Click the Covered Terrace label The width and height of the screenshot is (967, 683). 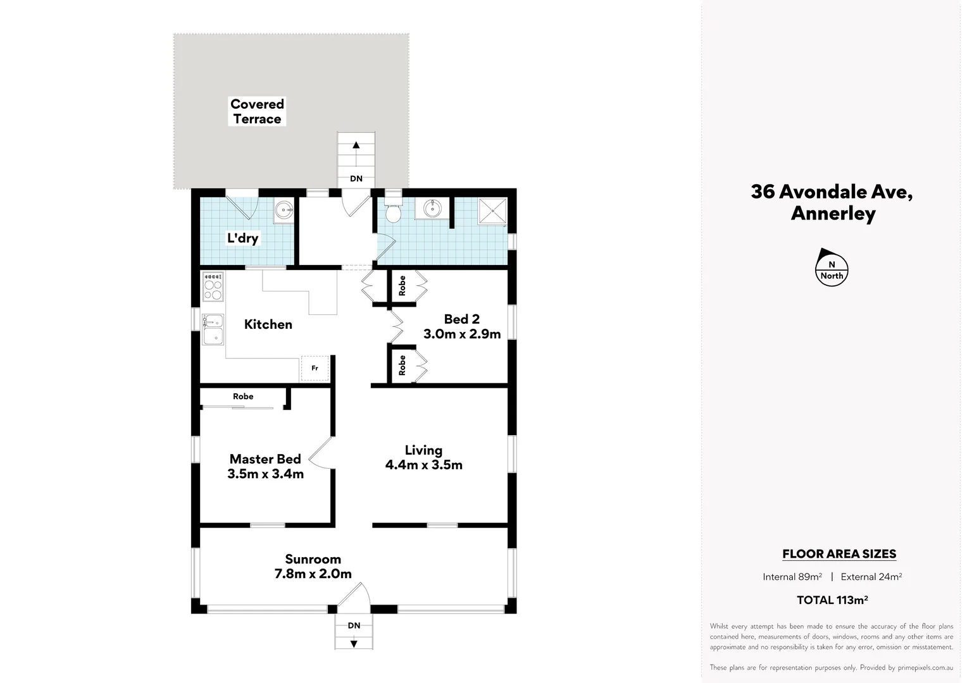257,111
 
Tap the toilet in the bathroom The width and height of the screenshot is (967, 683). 393,212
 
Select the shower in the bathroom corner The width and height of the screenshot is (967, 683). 492,211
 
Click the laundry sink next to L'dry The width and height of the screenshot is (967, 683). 285,210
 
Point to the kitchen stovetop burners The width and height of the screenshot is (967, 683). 213,286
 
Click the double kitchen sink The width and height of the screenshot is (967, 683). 213,329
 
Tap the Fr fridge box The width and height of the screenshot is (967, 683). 315,368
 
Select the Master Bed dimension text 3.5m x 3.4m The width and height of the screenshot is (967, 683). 265,474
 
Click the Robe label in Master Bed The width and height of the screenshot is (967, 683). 242,397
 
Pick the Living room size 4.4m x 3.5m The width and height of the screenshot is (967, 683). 423,465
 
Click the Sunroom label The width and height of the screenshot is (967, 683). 313,559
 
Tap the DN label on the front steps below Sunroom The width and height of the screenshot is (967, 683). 354,625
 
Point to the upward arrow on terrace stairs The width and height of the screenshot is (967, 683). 356,145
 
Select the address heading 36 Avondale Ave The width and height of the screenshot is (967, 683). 832,192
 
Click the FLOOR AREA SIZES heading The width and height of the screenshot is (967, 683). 839,554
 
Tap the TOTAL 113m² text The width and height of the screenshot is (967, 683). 832,600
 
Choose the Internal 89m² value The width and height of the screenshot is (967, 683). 792,577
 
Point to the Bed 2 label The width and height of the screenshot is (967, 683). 461,319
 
